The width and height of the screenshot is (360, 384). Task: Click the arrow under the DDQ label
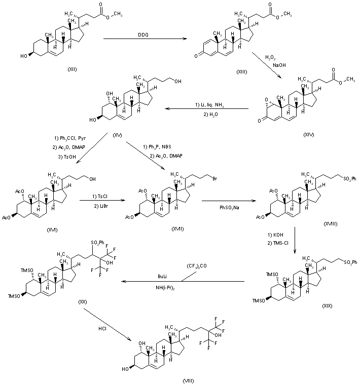coord(143,38)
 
